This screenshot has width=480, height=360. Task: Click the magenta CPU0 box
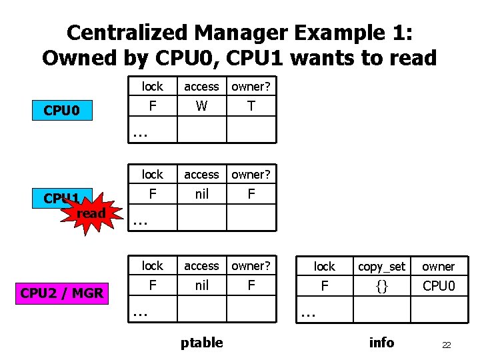pos(62,110)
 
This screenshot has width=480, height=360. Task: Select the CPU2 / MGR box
pos(62,292)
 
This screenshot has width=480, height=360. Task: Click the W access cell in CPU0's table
pos(201,106)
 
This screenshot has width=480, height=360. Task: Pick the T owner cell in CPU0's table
pos(251,106)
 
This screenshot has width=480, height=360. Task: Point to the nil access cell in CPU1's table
pos(201,194)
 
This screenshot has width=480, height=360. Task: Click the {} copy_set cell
pos(381,286)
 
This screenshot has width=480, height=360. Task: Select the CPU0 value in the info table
pos(438,286)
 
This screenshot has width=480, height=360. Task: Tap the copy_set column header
pos(381,267)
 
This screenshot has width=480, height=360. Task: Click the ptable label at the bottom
pos(201,343)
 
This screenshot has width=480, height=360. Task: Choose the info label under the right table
pos(381,343)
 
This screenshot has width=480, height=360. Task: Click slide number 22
pos(446,345)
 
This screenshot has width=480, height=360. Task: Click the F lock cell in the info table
pos(325,286)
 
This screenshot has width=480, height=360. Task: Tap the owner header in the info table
pos(438,267)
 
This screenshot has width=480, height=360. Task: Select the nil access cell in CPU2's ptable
pos(201,285)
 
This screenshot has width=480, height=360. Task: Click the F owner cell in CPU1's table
pos(251,194)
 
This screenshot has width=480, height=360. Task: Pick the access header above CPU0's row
pos(201,87)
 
